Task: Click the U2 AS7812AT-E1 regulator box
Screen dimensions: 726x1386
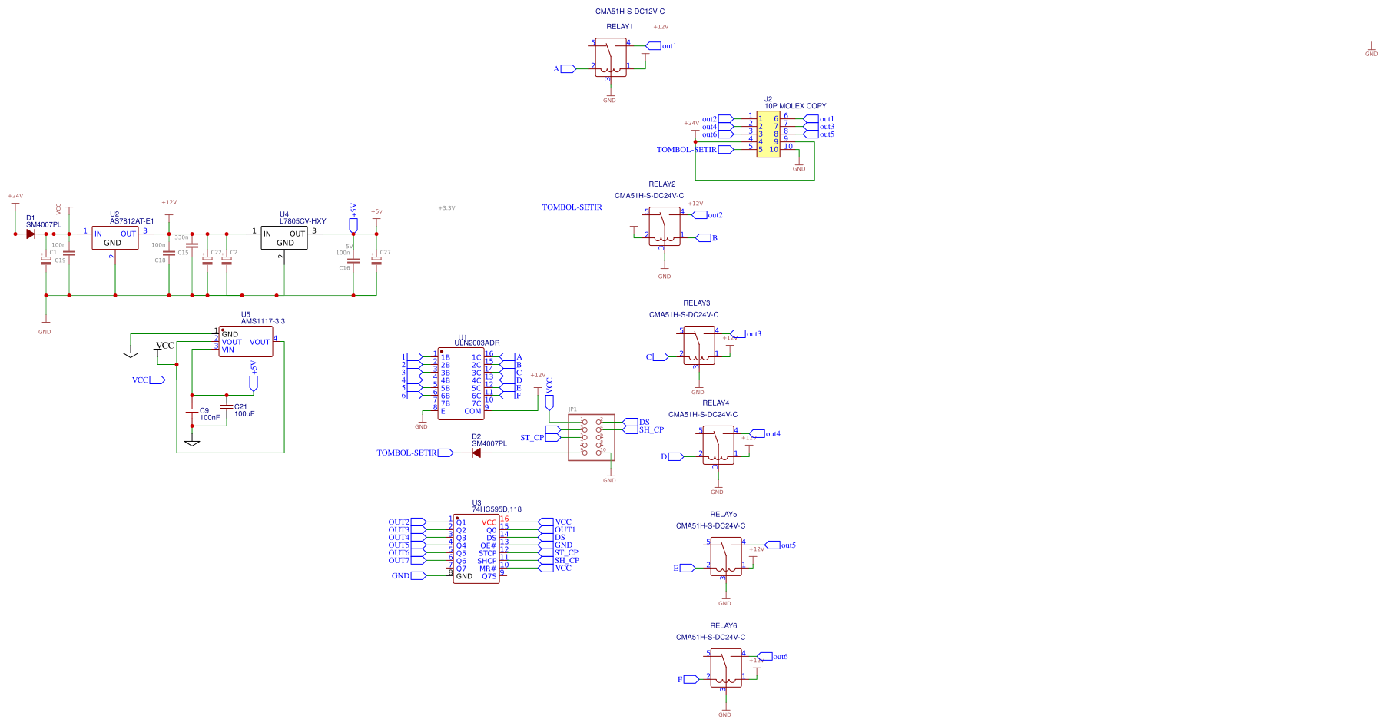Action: click(x=115, y=238)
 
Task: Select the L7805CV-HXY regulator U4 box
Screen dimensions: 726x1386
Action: click(x=284, y=238)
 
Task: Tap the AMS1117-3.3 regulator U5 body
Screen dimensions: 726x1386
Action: click(x=246, y=342)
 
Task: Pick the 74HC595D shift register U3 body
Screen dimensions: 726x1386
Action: click(x=476, y=549)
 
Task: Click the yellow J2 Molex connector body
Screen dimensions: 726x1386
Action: click(x=768, y=134)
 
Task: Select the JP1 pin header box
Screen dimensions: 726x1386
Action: click(x=592, y=437)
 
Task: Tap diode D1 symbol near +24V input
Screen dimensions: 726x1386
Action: click(x=31, y=234)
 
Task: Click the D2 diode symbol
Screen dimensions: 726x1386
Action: click(x=476, y=453)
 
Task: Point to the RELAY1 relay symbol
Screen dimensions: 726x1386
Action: click(x=611, y=58)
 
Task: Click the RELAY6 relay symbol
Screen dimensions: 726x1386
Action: click(x=726, y=668)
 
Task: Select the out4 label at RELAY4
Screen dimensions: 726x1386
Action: click(x=773, y=434)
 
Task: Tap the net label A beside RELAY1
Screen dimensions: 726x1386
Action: click(x=556, y=69)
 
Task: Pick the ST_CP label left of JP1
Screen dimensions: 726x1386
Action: click(x=532, y=438)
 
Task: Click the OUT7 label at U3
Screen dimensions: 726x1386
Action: click(x=399, y=561)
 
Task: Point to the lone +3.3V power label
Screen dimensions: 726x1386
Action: click(x=446, y=208)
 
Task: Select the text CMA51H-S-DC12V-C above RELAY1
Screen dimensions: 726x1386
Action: click(x=630, y=12)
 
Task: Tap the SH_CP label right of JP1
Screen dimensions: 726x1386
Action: click(x=651, y=430)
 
